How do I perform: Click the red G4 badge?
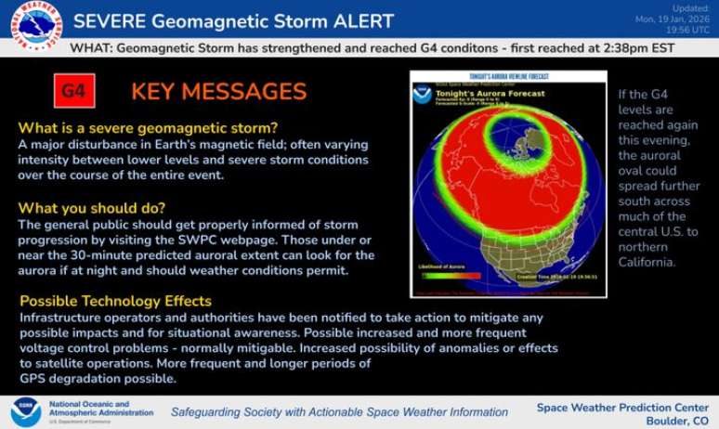coord(73,91)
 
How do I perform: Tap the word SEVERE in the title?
coord(106,21)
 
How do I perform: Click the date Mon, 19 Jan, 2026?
coord(673,19)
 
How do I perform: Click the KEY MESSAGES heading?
coord(218,91)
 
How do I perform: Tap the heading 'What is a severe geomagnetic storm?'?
coord(148,128)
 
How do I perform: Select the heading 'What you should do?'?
coord(92,207)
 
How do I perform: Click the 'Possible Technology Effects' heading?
coord(115,301)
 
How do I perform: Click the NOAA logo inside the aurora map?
coord(423,95)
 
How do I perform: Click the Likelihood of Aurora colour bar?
coord(450,275)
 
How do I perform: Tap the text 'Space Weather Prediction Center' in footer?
coord(623,407)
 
